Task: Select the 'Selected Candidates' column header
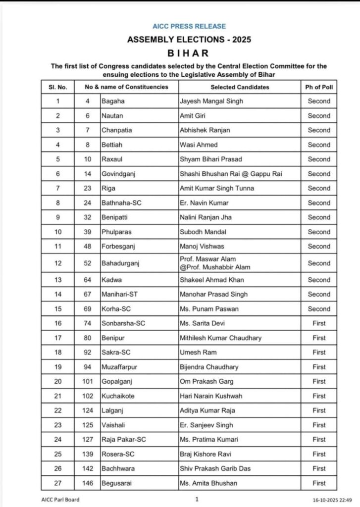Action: tap(240, 87)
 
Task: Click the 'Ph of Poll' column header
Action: tap(319, 87)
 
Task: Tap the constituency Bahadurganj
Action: tap(120, 263)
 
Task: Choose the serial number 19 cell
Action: tap(57, 367)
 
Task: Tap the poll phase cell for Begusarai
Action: tap(319, 483)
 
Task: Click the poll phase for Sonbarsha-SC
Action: tap(319, 323)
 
